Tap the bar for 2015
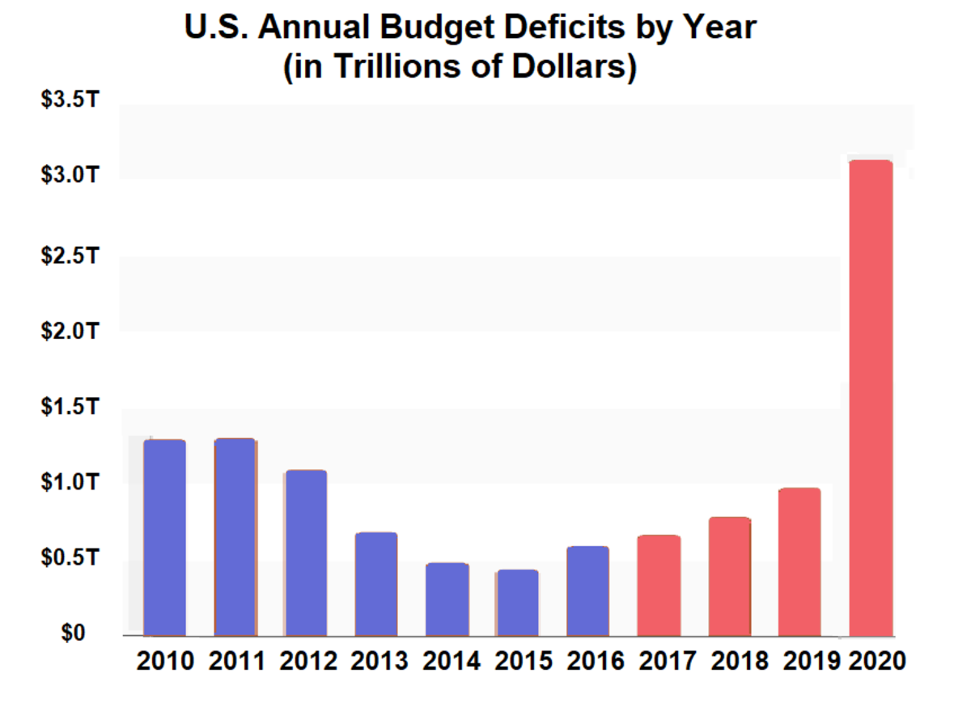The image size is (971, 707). point(517,603)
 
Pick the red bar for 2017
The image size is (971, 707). point(659,585)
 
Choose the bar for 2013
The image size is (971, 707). point(375,583)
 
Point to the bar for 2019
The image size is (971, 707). point(799,561)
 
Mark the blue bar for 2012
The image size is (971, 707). point(305,552)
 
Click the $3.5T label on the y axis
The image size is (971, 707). point(70,105)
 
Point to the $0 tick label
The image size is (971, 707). point(74,633)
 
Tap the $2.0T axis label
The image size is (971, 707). point(70,332)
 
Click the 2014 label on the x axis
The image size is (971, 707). point(447,661)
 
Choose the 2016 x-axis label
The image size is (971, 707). point(588,661)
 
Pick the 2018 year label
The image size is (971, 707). point(730,661)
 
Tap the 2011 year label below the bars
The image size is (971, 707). point(235,661)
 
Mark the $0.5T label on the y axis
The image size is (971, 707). point(70,558)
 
